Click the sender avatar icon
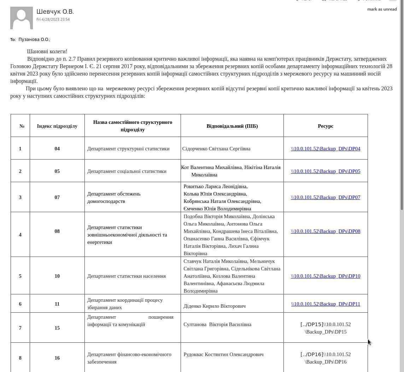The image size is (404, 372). pyautogui.click(x=22, y=18)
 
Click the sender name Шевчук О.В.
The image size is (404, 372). pyautogui.click(x=55, y=12)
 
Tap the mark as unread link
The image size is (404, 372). pyautogui.click(x=382, y=9)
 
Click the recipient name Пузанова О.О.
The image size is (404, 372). pyautogui.click(x=34, y=40)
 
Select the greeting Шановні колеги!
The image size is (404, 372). pyautogui.click(x=47, y=52)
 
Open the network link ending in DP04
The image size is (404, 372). pyautogui.click(x=325, y=149)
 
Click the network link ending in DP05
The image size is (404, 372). pyautogui.click(x=325, y=171)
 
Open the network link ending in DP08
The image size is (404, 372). pyautogui.click(x=325, y=231)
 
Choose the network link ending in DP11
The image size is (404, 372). pyautogui.click(x=325, y=304)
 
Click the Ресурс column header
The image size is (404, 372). pyautogui.click(x=326, y=126)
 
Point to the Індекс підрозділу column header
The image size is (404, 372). pyautogui.click(x=57, y=126)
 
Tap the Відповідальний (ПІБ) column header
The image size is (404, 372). pyautogui.click(x=232, y=126)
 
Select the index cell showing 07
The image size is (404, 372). pyautogui.click(x=57, y=197)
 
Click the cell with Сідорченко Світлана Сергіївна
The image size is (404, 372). pyautogui.click(x=216, y=149)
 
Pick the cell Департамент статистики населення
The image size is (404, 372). pyautogui.click(x=127, y=276)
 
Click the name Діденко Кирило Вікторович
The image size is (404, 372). pyautogui.click(x=215, y=306)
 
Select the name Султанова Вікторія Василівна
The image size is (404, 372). pyautogui.click(x=217, y=324)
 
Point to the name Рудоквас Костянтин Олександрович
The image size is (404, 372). pyautogui.click(x=223, y=354)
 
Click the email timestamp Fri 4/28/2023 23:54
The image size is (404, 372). pyautogui.click(x=53, y=20)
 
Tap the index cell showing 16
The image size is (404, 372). pyautogui.click(x=57, y=358)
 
